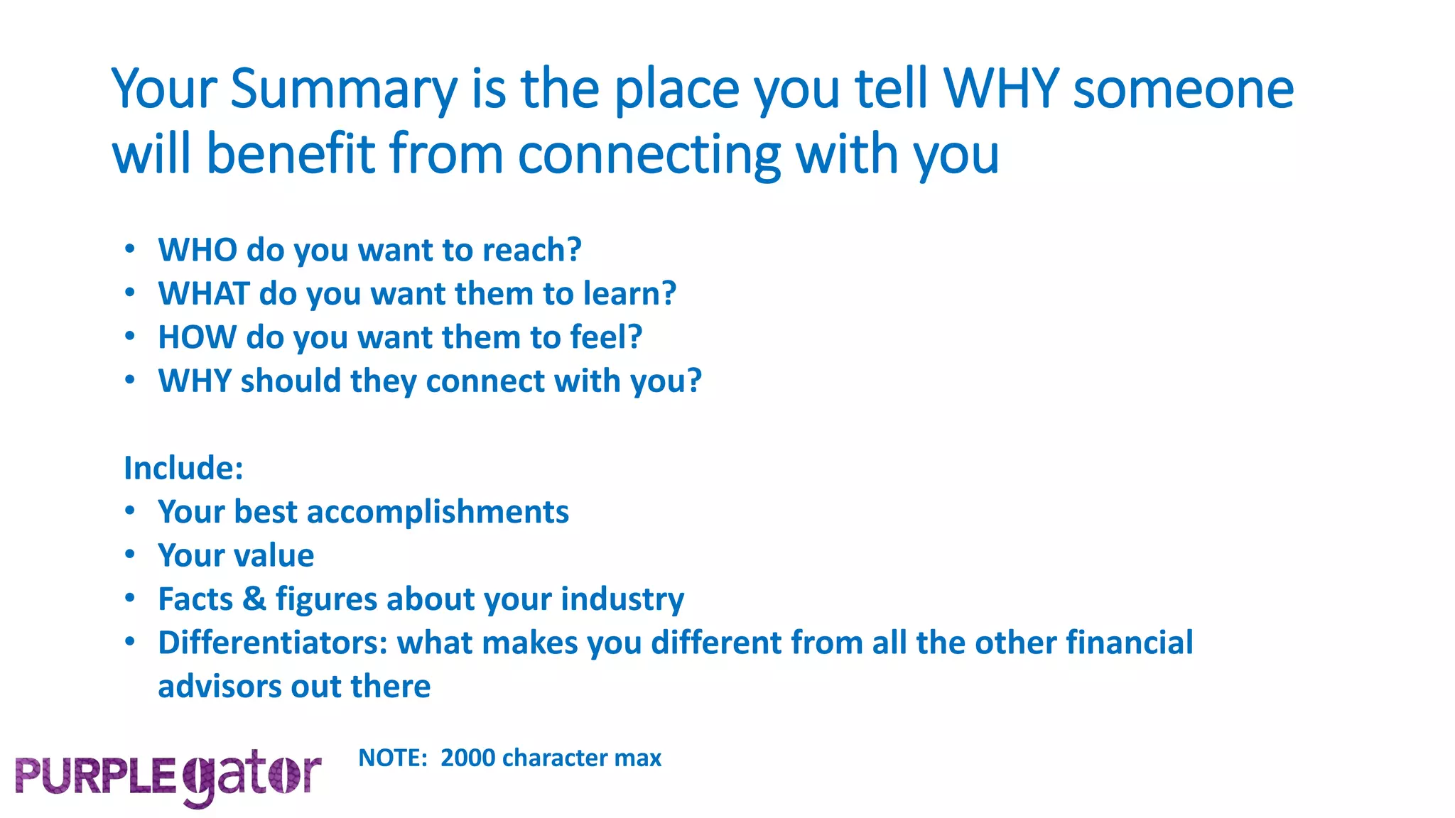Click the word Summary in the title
(x=344, y=91)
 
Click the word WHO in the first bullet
(x=198, y=250)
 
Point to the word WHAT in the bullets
(x=204, y=294)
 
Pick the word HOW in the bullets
(x=197, y=337)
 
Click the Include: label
(x=183, y=468)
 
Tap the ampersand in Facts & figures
(x=254, y=599)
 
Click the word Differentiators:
(x=273, y=643)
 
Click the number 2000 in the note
(x=467, y=758)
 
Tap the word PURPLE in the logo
(x=95, y=776)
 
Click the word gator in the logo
(x=251, y=776)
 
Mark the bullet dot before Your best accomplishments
(x=129, y=511)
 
